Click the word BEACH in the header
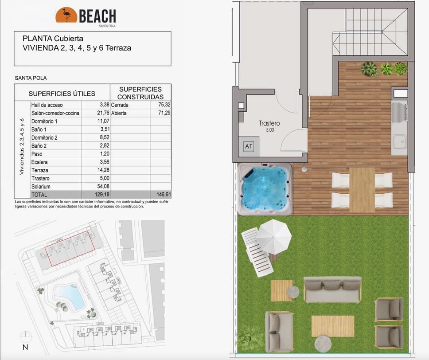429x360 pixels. (x=97, y=16)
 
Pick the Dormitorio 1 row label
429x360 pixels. (x=44, y=121)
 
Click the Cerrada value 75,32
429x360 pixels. (x=164, y=105)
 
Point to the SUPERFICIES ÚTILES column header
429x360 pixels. (x=62, y=94)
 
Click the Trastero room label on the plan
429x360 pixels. (x=269, y=124)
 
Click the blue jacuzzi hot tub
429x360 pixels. (x=265, y=188)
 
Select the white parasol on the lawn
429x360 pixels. (x=274, y=236)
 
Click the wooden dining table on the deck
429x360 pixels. (x=362, y=190)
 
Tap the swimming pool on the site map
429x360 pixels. (x=69, y=296)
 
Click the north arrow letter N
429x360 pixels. (x=25, y=347)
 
